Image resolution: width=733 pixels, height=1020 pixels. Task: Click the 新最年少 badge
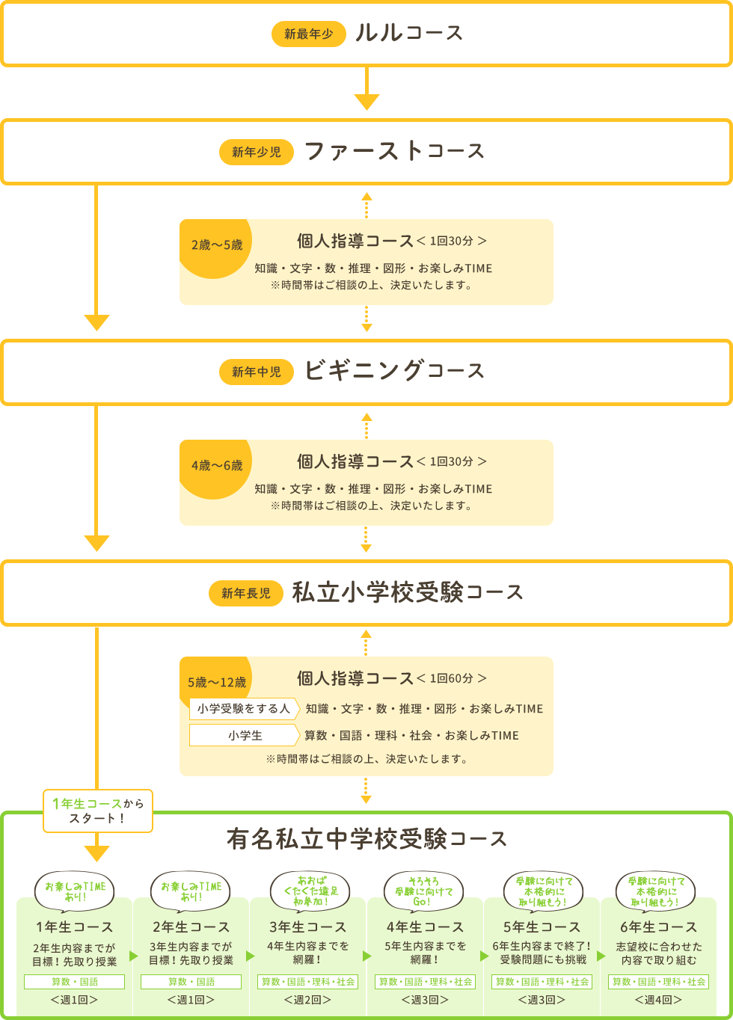(308, 34)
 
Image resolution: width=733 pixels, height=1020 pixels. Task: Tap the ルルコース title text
(409, 33)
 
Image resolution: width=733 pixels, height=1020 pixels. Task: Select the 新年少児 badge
(257, 152)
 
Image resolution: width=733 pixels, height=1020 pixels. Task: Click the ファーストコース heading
(394, 151)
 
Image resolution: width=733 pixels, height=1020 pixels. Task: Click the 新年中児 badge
(257, 372)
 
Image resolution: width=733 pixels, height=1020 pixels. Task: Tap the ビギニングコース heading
(394, 371)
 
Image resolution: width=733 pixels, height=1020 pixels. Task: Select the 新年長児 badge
(246, 593)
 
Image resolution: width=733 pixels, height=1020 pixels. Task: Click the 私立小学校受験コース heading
(407, 592)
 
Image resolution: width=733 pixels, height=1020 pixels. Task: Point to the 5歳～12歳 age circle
(216, 681)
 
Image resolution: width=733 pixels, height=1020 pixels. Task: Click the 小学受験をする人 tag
(244, 708)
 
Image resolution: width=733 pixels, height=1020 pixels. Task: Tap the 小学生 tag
(244, 735)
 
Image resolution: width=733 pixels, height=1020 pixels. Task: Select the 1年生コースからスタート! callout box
(98, 811)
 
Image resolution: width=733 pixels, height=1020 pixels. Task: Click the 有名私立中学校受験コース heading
(366, 839)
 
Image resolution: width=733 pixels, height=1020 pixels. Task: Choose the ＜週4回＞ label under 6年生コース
(658, 1000)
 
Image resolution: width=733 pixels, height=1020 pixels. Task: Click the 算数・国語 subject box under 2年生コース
(191, 981)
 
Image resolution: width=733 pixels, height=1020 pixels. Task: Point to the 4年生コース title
(425, 927)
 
